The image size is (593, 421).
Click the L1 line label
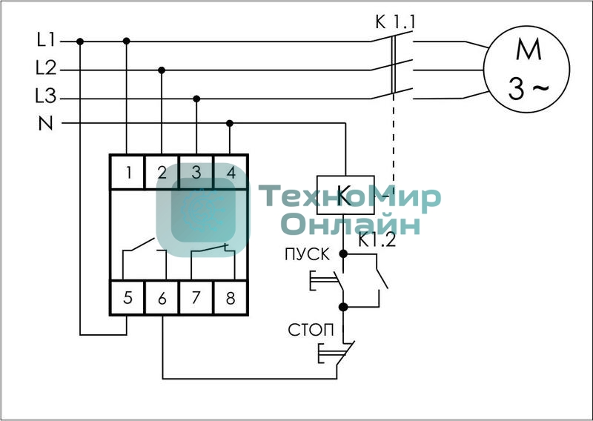pos(46,40)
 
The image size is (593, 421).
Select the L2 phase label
pos(46,68)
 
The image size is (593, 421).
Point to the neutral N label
pos(46,123)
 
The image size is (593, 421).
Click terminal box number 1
pos(127,172)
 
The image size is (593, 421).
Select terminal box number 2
pos(162,172)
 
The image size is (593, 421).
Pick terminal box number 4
pos(231,172)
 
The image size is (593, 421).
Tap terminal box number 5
pos(127,298)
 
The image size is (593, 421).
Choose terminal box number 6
pos(162,298)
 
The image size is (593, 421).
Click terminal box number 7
pos(196,298)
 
